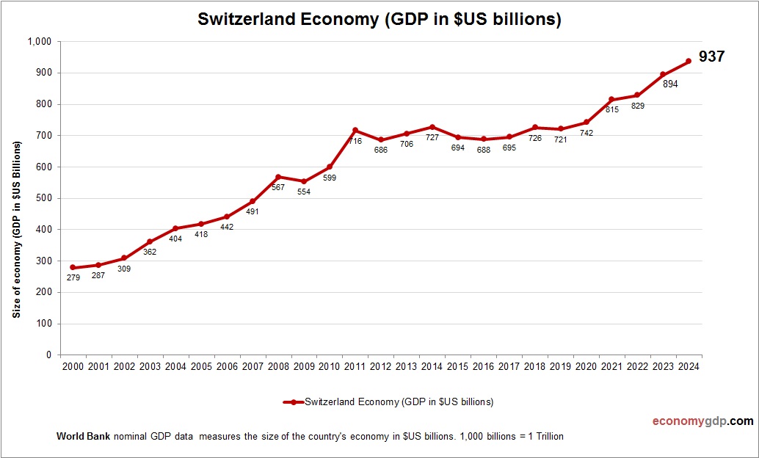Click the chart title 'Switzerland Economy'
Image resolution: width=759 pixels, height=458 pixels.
(x=379, y=20)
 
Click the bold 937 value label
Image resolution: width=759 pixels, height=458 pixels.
(x=711, y=57)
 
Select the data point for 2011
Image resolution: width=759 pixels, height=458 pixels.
(x=355, y=130)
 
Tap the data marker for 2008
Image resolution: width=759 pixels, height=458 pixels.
(x=278, y=177)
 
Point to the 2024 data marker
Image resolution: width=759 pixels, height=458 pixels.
(x=689, y=61)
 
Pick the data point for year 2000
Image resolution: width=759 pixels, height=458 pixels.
(x=73, y=267)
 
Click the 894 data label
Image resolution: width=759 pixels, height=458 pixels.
(x=669, y=84)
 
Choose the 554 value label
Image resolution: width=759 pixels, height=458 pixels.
(x=303, y=192)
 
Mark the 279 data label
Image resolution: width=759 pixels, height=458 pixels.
(x=73, y=278)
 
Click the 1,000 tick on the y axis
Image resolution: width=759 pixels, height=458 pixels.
(x=39, y=42)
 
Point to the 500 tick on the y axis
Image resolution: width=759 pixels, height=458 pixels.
(x=43, y=198)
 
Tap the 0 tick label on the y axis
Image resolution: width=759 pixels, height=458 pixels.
(x=48, y=355)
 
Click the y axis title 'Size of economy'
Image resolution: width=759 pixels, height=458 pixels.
(x=16, y=229)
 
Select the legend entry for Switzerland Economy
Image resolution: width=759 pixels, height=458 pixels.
(x=388, y=401)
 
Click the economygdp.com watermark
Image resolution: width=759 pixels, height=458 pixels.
(x=702, y=421)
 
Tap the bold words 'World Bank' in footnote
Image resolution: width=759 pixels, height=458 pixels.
(x=83, y=437)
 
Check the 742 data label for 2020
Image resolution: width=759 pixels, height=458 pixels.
(x=586, y=134)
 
